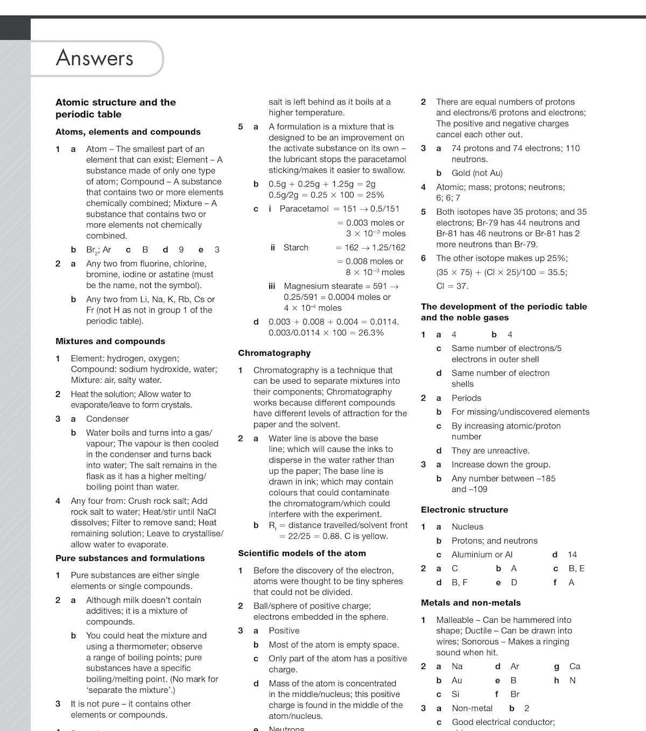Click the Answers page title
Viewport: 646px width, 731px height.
pyautogui.click(x=95, y=58)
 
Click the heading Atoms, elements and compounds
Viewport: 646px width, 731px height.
pyautogui.click(x=128, y=132)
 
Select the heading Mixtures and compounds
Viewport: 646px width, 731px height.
pyautogui.click(x=110, y=341)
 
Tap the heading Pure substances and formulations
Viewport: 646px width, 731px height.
pyautogui.click(x=130, y=558)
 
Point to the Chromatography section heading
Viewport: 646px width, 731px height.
pyautogui.click(x=274, y=353)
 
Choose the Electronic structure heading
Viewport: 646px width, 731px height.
pyautogui.click(x=464, y=510)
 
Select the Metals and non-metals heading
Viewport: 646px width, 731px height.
pyautogui.click(x=471, y=603)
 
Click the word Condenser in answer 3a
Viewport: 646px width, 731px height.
pyautogui.click(x=107, y=419)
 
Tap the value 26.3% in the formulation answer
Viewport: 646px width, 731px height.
pyautogui.click(x=371, y=333)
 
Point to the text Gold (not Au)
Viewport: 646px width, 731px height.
pyautogui.click(x=476, y=173)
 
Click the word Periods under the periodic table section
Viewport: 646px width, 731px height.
pyautogui.click(x=466, y=398)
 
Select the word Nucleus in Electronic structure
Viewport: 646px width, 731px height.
pyautogui.click(x=467, y=526)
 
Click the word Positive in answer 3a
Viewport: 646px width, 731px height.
pyautogui.click(x=284, y=630)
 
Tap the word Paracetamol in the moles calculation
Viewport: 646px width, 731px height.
pyautogui.click(x=304, y=209)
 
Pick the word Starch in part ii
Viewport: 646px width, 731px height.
pyautogui.click(x=296, y=248)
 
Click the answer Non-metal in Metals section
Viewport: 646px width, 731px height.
pyautogui.click(x=472, y=708)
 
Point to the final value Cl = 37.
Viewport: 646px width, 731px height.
pyautogui.click(x=452, y=286)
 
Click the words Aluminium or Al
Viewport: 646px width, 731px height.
pyautogui.click(x=482, y=554)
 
